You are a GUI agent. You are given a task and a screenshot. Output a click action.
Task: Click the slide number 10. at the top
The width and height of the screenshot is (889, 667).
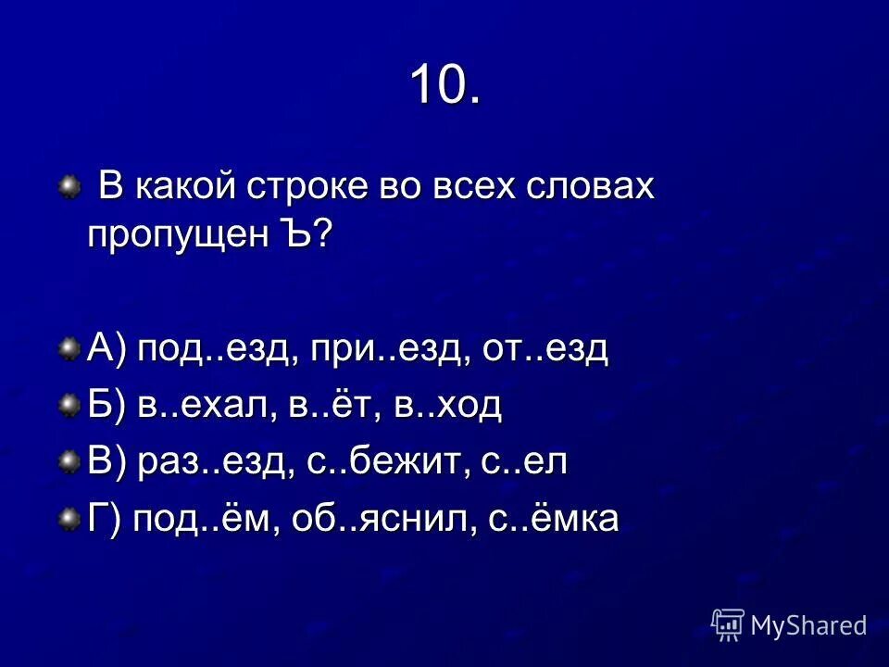[444, 85]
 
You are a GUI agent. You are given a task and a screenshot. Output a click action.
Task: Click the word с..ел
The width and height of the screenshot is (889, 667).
[524, 461]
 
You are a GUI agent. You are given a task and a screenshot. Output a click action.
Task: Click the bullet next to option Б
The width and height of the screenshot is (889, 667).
[69, 406]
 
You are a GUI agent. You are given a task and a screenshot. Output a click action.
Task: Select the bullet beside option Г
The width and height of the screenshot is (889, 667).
[69, 518]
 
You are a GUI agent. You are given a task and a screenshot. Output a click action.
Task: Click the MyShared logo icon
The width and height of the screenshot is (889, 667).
[728, 624]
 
